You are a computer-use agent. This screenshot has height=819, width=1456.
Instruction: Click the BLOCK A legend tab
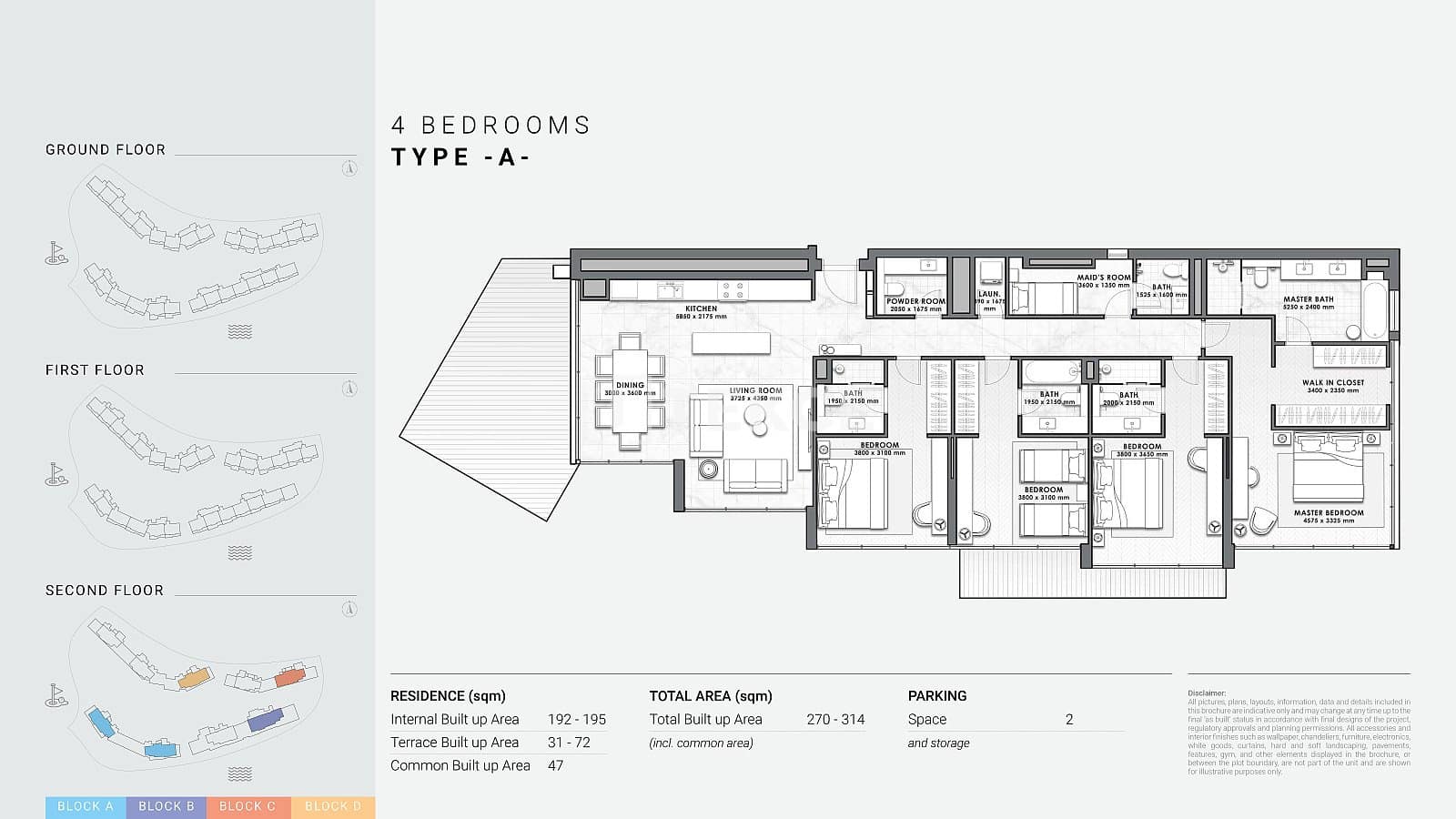[x=86, y=806]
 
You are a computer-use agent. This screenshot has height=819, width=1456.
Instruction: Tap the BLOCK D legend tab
[x=333, y=806]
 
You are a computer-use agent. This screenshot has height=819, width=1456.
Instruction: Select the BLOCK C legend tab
[x=248, y=806]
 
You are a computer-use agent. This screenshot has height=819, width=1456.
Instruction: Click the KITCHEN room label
[x=701, y=309]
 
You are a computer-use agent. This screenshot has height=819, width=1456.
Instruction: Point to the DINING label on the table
[x=630, y=386]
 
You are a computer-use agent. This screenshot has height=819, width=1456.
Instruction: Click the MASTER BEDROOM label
[x=1329, y=513]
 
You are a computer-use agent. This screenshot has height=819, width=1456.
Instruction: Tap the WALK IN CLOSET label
[x=1333, y=383]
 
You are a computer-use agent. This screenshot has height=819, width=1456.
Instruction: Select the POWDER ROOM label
[x=915, y=301]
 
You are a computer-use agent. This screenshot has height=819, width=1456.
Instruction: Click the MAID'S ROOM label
[x=1103, y=278]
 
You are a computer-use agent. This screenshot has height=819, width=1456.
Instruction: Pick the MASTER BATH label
[x=1308, y=299]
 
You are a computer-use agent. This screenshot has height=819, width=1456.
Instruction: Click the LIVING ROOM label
[x=755, y=391]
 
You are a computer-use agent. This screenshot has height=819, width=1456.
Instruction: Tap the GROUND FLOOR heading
[x=106, y=149]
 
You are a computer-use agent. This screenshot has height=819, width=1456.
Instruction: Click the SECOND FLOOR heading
[x=105, y=591]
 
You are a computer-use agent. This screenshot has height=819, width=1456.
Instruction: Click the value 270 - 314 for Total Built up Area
[x=835, y=719]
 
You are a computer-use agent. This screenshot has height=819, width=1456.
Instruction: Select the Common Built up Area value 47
[x=555, y=765]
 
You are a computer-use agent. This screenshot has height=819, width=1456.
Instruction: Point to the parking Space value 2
[x=1069, y=719]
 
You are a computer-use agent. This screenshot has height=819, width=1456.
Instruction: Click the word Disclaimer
[x=1206, y=693]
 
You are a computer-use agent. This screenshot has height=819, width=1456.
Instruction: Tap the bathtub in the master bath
[x=1375, y=310]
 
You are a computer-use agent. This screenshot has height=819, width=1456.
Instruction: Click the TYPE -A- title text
[x=460, y=157]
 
